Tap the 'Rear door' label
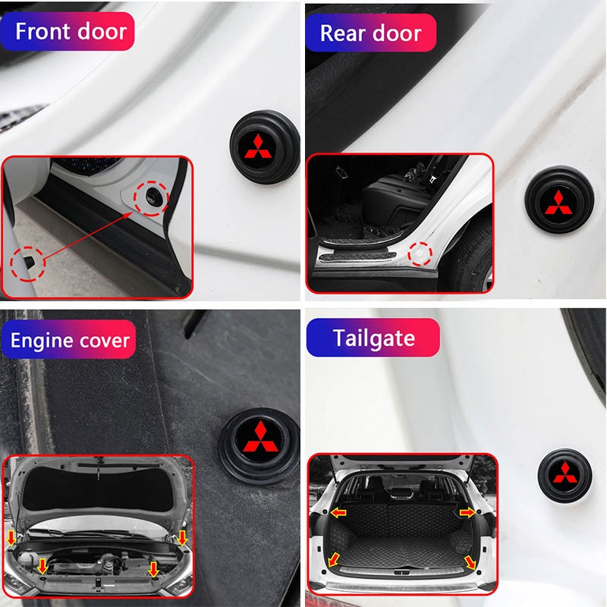[370, 33]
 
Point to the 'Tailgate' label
[373, 338]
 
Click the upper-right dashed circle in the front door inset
[149, 198]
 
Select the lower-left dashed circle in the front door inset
[27, 264]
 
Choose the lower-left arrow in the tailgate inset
[333, 561]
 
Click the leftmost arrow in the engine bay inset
[11, 538]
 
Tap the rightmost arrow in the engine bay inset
[183, 538]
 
